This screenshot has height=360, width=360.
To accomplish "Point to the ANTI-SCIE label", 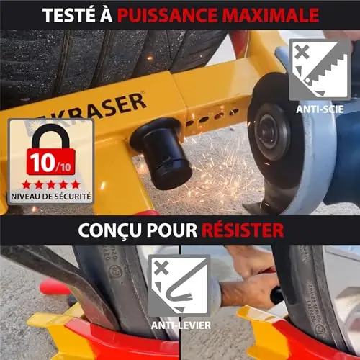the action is tap(320, 109).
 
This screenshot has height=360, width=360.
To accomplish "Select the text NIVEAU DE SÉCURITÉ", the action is tap(51, 197).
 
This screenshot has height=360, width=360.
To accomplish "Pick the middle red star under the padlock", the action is tap(51, 185).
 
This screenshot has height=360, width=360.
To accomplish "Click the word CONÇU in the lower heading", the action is tap(110, 230).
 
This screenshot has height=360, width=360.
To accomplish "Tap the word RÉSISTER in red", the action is tap(243, 230).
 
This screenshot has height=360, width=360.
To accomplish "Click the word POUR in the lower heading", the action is tap(172, 230).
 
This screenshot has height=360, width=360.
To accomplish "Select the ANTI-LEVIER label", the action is tap(181, 325).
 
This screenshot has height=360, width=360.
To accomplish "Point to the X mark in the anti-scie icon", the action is tap(302, 52).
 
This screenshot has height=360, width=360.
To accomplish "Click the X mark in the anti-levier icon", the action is tap(161, 268).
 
